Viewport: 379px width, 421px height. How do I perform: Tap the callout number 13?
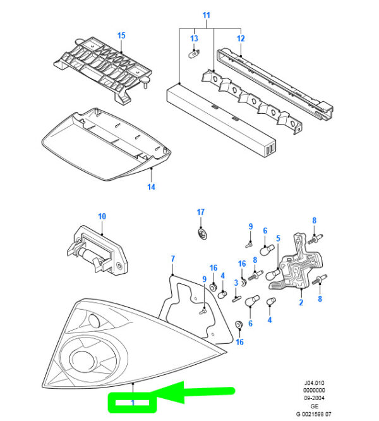(x=195, y=39)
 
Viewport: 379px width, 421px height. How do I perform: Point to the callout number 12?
(x=241, y=39)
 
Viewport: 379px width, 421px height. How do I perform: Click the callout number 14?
(x=151, y=187)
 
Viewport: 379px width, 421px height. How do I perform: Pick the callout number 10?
(x=102, y=216)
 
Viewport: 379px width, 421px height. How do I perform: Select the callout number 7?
(x=173, y=259)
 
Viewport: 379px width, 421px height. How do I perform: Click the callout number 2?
(x=301, y=303)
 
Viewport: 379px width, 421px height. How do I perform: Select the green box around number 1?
(x=129, y=401)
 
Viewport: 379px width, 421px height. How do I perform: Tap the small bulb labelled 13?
(x=194, y=53)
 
